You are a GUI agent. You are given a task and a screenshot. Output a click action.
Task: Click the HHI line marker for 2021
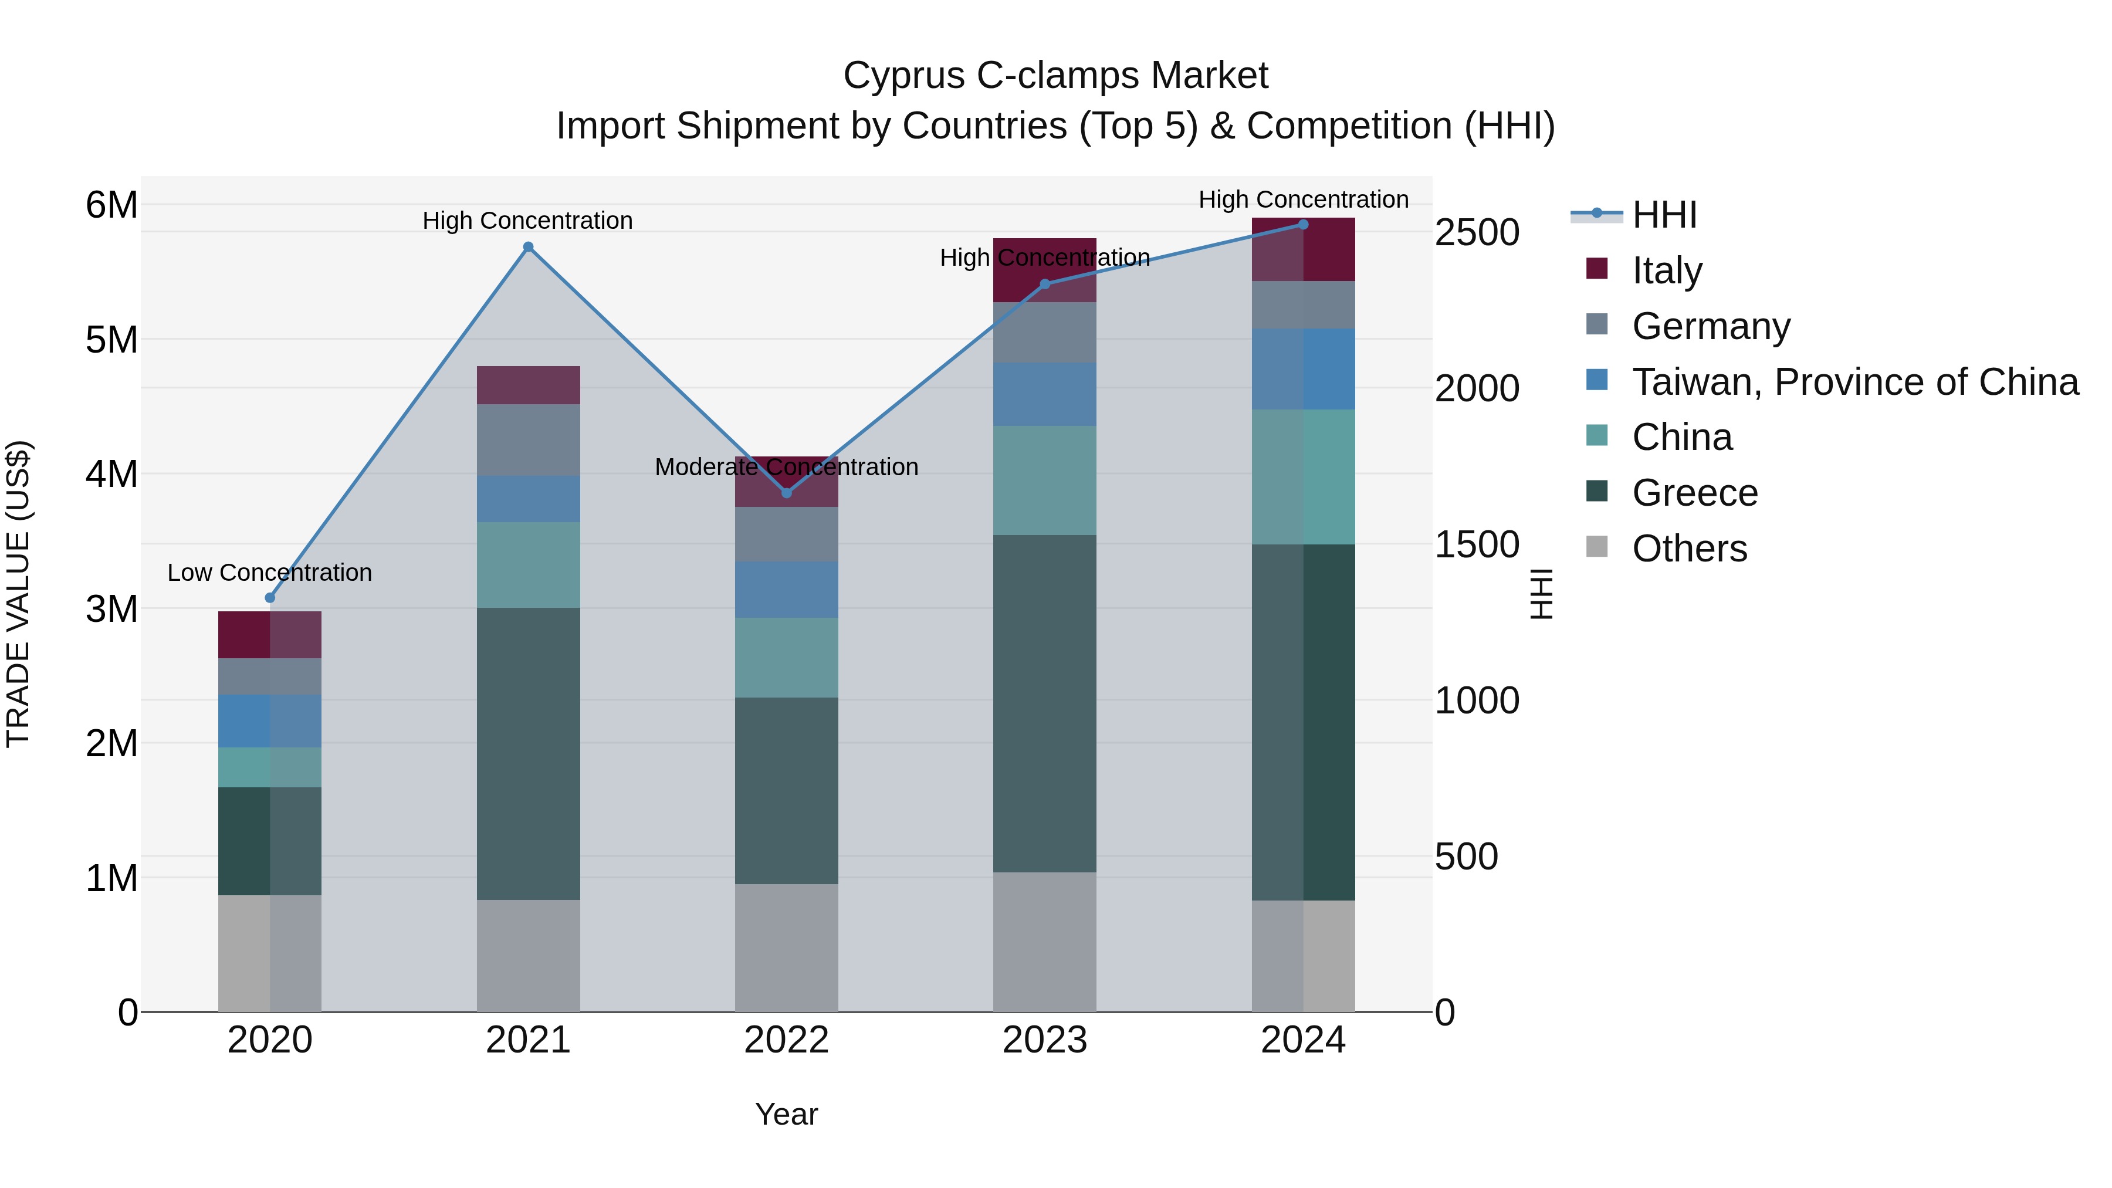(528, 247)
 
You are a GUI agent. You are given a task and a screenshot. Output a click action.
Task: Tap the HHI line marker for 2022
(786, 493)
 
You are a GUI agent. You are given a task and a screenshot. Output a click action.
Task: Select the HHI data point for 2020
(270, 598)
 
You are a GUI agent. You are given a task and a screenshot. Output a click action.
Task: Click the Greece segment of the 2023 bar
(1044, 703)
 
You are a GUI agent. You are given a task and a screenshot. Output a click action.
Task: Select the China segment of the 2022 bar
(786, 658)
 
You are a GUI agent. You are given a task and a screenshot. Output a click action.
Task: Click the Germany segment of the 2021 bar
(528, 439)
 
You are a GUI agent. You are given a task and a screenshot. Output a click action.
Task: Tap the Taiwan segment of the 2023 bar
(1044, 394)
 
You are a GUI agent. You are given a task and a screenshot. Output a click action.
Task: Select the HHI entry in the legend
(1664, 215)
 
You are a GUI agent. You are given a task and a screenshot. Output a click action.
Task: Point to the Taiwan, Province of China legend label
(1854, 382)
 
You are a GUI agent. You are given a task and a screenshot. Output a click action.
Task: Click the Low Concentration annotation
(270, 572)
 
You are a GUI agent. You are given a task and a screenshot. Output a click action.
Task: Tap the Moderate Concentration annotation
(786, 466)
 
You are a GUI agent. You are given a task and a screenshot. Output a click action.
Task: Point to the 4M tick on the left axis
(112, 474)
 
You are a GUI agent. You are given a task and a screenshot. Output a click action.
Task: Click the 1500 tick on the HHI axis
(1477, 544)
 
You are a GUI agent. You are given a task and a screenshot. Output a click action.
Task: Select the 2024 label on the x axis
(1303, 1040)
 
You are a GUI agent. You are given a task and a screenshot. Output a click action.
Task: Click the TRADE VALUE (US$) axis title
(18, 594)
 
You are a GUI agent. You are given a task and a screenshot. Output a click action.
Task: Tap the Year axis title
(786, 1114)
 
